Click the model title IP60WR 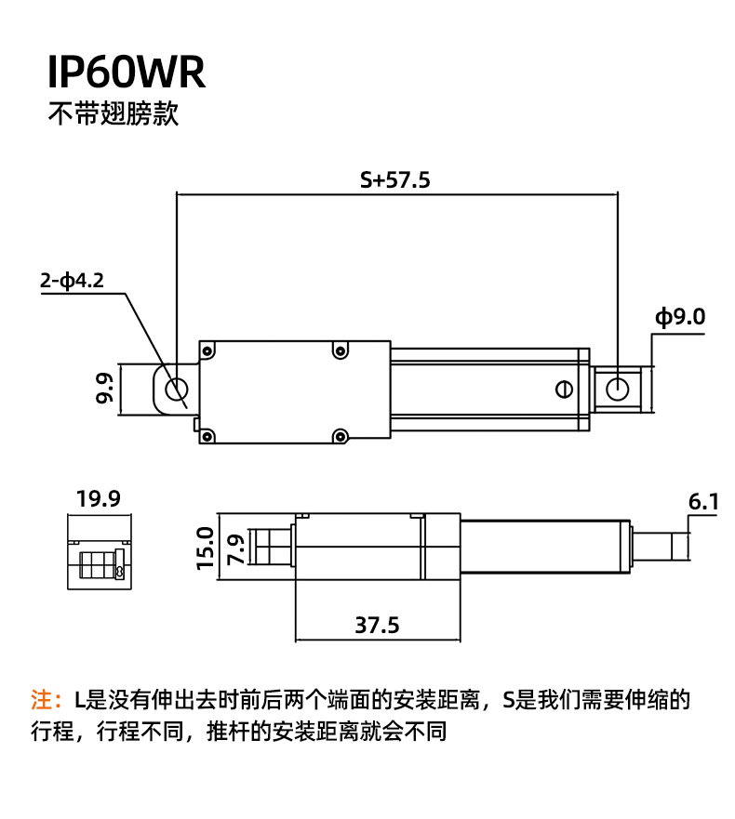tap(127, 72)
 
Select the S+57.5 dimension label tap(395, 179)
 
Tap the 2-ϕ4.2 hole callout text tap(73, 281)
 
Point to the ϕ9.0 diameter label tap(680, 316)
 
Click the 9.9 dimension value tap(104, 388)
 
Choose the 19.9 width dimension tap(99, 498)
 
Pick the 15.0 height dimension tap(205, 548)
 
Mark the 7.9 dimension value tap(236, 549)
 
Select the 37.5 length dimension tap(377, 626)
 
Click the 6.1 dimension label tap(703, 501)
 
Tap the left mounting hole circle tap(176, 390)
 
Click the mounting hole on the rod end tap(618, 390)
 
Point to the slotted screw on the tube tap(564, 390)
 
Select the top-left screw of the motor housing tap(207, 350)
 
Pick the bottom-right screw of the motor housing tap(341, 435)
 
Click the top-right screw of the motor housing tap(341, 350)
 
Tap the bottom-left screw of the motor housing tap(207, 435)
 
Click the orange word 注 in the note tap(42, 699)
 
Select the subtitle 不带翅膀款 tap(114, 112)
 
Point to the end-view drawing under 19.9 tap(100, 551)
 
